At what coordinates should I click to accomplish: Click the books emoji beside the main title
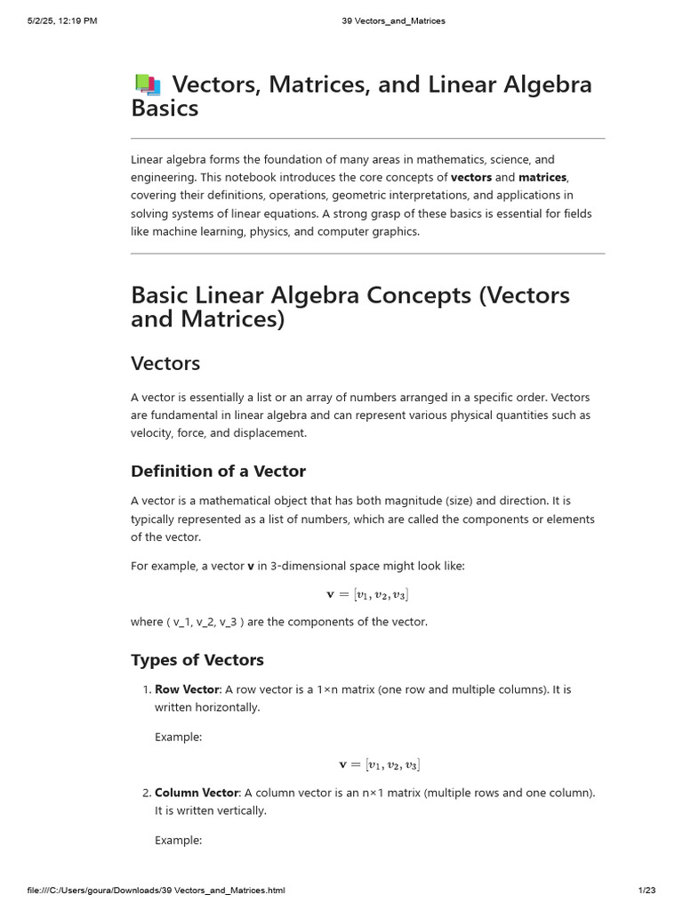coord(148,85)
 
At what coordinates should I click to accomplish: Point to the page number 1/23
coord(647,890)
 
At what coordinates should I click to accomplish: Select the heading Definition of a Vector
coord(218,471)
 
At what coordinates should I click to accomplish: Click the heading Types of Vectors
coord(197,659)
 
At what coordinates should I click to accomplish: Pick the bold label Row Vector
coord(187,689)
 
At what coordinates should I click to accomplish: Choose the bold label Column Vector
coord(197,793)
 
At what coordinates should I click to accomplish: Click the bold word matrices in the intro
coord(542,177)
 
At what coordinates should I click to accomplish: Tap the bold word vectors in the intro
coord(471,177)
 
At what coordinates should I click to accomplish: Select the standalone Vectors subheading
coord(165,363)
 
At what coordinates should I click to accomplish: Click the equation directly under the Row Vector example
coord(380,764)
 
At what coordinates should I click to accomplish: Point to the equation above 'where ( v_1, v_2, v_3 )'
coord(368,594)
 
